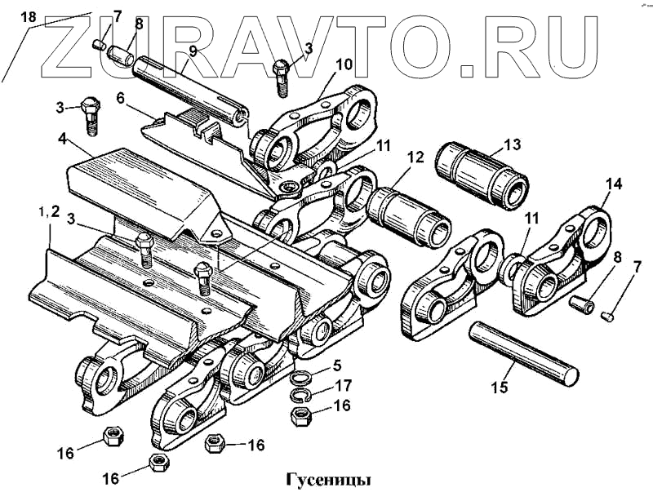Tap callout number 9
[193, 51]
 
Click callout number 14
[614, 185]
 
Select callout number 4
[62, 140]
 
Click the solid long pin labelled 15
[522, 352]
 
